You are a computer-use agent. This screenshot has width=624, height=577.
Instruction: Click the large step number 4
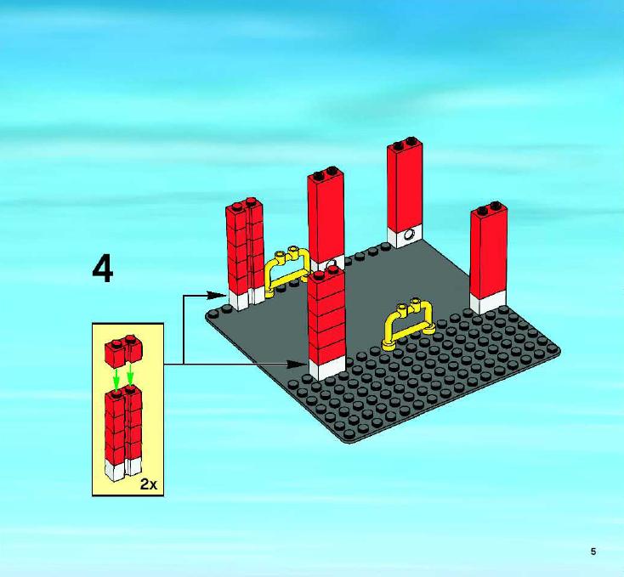103,269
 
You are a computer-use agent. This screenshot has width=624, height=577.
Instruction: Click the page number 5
593,552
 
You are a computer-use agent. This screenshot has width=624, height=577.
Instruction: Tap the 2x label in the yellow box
149,484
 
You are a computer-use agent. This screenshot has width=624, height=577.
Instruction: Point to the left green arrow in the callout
116,378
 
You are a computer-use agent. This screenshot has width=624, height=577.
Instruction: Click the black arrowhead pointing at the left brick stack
217,295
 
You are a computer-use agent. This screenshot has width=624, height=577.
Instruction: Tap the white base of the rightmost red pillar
487,303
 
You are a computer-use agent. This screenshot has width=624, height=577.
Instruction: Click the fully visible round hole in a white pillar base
409,235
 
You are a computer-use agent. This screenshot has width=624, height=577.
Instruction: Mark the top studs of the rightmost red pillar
489,208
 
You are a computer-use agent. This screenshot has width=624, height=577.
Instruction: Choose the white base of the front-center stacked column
327,368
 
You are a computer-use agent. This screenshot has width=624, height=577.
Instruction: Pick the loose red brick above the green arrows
123,352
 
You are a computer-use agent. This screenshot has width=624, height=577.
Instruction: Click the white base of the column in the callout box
123,468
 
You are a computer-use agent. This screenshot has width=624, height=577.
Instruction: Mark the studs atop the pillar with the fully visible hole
405,144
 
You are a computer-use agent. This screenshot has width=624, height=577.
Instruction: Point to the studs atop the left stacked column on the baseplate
244,203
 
